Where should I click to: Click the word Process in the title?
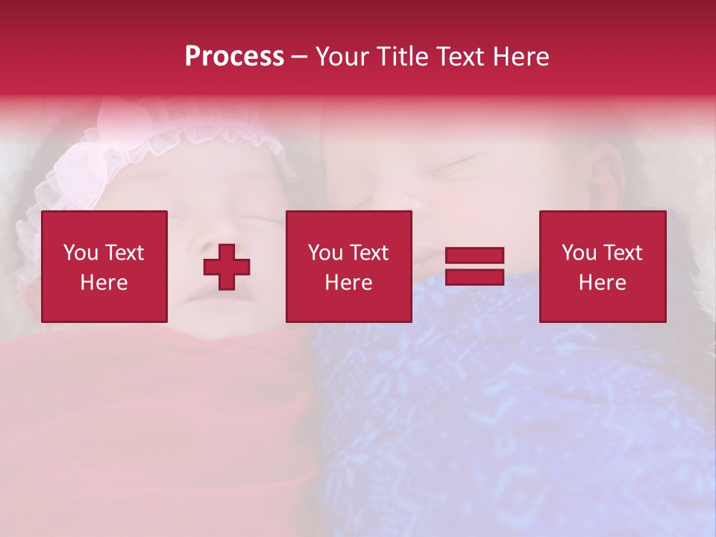tap(234, 57)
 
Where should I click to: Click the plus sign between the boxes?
tap(227, 267)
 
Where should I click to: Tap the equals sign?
tap(474, 266)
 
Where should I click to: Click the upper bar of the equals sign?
tap(474, 256)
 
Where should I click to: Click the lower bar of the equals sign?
tap(474, 277)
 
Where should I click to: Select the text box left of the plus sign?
tap(104, 266)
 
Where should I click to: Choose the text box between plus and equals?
tap(348, 266)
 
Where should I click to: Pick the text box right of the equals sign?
tap(602, 266)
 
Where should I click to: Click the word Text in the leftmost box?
tap(125, 253)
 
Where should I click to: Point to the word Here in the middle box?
tap(348, 283)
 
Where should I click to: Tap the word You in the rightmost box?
tap(579, 253)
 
